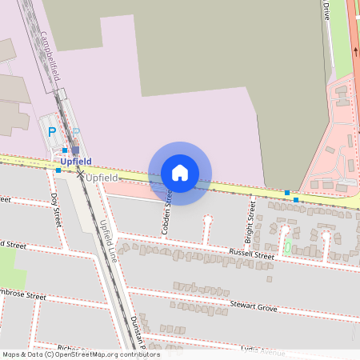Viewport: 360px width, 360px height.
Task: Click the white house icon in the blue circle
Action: pos(180,173)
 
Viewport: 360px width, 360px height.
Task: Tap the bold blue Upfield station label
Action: pos(76,161)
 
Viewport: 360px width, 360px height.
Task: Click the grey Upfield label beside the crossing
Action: pos(102,177)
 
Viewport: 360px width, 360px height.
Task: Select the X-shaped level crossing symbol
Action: pos(80,174)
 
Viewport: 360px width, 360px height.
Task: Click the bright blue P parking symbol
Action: pos(53,132)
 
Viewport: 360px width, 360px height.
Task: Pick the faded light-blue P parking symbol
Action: pos(76,131)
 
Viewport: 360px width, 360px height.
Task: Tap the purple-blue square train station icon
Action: pos(75,149)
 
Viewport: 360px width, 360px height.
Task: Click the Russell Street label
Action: pos(251,254)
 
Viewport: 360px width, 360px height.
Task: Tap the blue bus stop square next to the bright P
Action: pos(64,150)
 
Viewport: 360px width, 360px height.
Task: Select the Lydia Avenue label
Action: pos(263,350)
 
